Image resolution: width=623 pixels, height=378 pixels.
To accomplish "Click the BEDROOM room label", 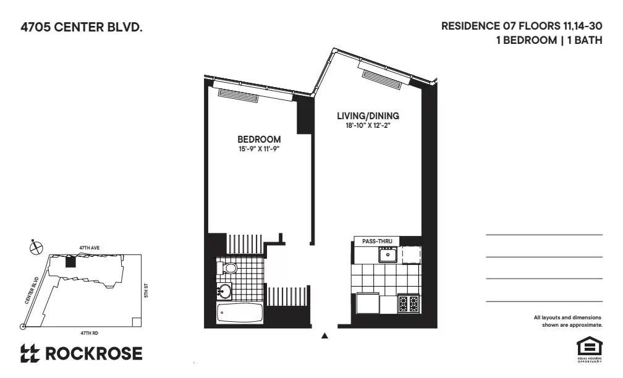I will tap(259, 140).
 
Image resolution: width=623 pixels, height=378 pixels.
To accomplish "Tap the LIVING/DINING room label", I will tap(368, 115).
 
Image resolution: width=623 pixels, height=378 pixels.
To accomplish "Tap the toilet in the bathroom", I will tap(227, 268).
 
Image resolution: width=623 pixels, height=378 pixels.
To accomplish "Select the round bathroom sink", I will tap(224, 290).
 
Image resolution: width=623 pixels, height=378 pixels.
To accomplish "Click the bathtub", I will tap(240, 313).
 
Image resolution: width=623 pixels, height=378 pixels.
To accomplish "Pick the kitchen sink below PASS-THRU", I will tap(388, 254).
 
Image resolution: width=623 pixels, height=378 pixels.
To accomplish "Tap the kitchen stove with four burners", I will tap(409, 303).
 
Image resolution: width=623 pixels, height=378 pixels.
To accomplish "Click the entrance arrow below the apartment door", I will tap(324, 336).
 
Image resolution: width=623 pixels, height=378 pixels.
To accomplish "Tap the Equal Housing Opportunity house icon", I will tap(585, 346).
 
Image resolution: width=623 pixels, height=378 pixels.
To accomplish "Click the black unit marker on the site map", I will tap(70, 262).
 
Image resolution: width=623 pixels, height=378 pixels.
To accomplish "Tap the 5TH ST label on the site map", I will tap(146, 289).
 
